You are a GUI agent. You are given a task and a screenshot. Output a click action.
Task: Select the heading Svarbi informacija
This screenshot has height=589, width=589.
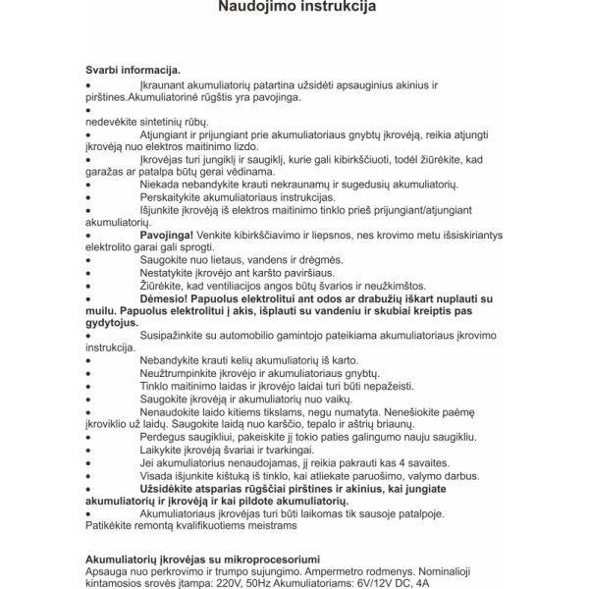[133, 72]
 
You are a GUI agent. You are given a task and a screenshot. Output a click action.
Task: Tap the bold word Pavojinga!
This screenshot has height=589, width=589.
[167, 237]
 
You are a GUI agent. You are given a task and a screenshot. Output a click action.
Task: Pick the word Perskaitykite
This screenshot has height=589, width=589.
[177, 198]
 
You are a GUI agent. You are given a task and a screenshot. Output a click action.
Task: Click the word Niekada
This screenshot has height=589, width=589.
[161, 185]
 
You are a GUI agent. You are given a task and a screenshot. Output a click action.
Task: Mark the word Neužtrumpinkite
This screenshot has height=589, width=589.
[187, 374]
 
